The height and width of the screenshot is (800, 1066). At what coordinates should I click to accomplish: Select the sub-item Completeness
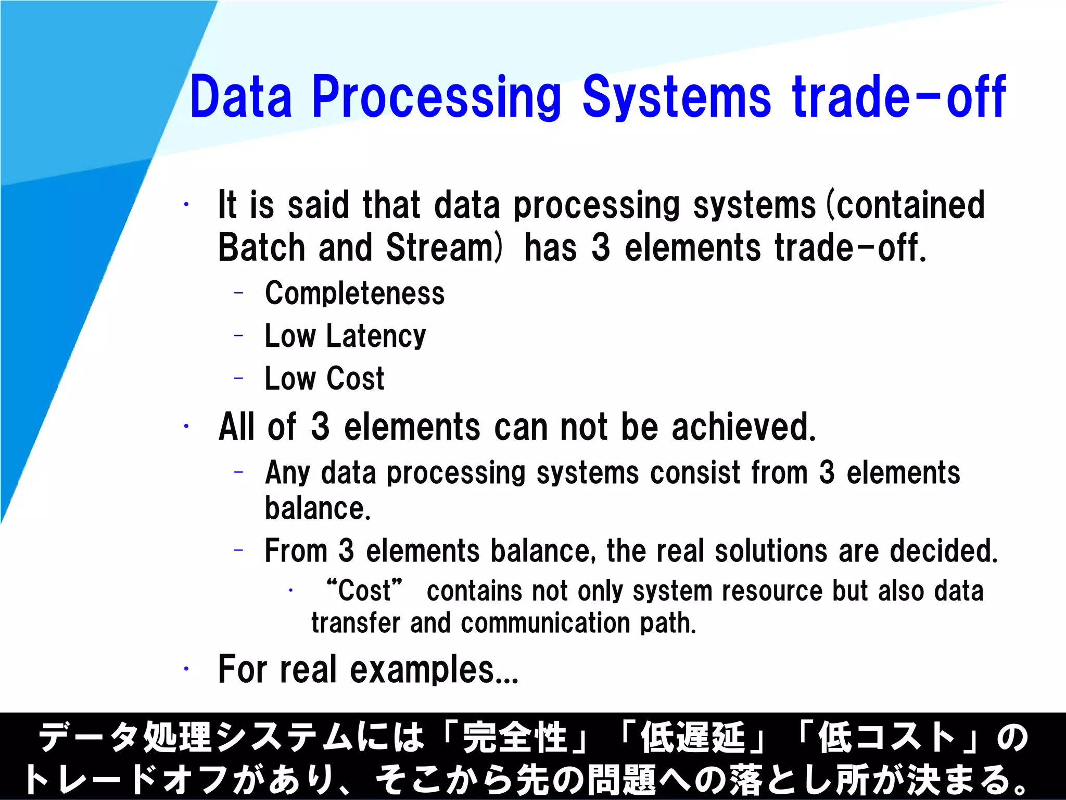354,293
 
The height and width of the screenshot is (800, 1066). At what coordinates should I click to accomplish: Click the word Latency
376,336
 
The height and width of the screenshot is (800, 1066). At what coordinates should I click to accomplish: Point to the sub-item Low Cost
324,379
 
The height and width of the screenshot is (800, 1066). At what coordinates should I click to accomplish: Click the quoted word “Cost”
364,591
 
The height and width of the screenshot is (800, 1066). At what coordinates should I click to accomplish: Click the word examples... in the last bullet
434,670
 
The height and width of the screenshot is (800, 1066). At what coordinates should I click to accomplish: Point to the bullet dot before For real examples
186,669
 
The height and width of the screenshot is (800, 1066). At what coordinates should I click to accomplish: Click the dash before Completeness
239,293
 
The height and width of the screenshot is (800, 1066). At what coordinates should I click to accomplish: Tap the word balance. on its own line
318,509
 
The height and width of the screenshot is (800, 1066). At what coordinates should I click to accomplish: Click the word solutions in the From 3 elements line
770,551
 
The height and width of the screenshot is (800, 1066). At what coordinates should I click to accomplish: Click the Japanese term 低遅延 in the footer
692,737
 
